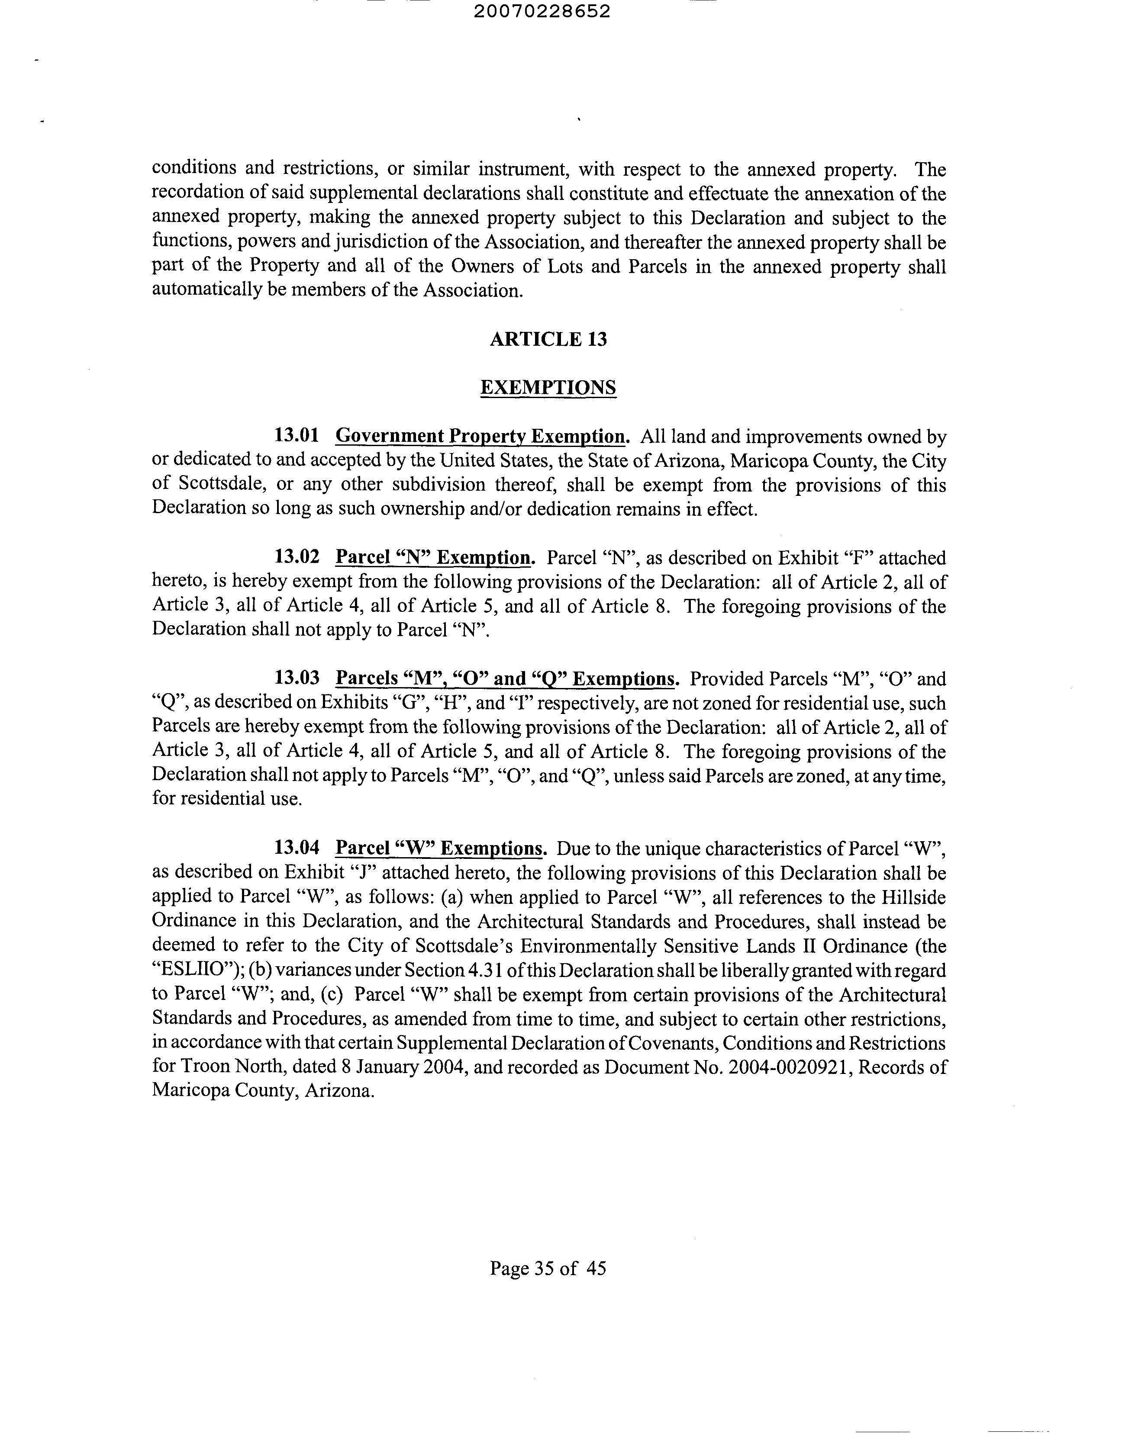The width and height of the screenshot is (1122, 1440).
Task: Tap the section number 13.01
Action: coord(297,436)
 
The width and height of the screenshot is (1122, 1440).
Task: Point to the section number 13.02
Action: coord(297,557)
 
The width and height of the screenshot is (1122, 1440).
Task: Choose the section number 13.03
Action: coord(297,678)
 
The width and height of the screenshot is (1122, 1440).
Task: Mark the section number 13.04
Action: coord(297,848)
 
